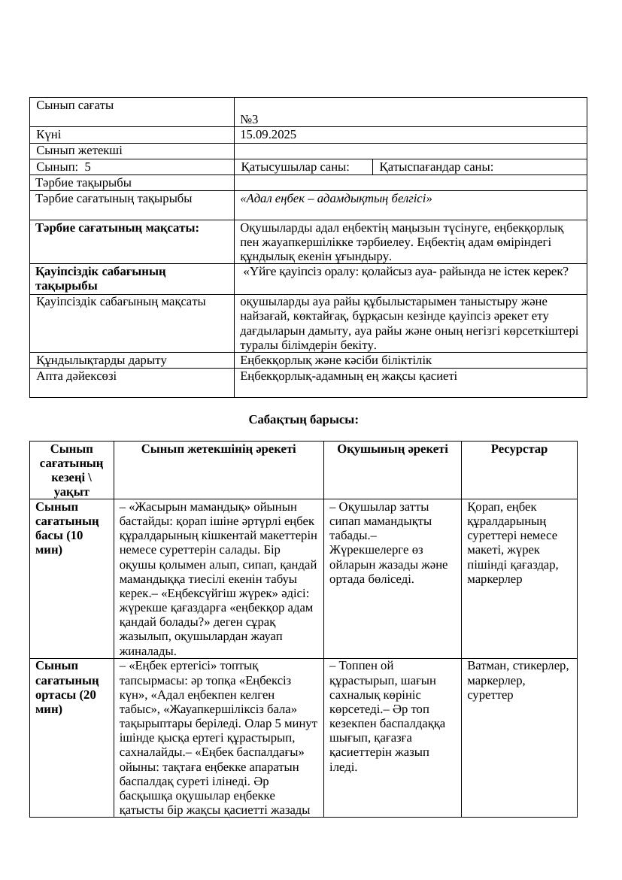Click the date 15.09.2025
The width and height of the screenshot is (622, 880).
point(268,135)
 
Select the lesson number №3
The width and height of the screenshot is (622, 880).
point(249,120)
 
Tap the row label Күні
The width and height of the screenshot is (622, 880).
point(49,135)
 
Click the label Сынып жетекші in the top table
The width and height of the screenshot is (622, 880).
point(79,150)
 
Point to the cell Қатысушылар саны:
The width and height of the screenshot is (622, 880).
point(295,167)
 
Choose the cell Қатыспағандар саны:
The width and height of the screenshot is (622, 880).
point(436,167)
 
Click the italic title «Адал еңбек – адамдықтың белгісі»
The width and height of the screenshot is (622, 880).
point(335,199)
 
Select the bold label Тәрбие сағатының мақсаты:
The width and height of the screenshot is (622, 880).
point(117,228)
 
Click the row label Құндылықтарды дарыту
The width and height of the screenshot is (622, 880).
point(101,360)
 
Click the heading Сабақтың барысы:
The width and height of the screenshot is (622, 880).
point(303,419)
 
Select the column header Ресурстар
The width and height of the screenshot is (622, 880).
point(519,449)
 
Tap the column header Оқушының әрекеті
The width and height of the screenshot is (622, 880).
point(392,449)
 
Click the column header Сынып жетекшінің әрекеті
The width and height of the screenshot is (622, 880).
point(218,449)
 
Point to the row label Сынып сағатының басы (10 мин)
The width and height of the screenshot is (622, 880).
point(67,528)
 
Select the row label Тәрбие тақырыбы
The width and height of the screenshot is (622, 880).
point(83,183)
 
